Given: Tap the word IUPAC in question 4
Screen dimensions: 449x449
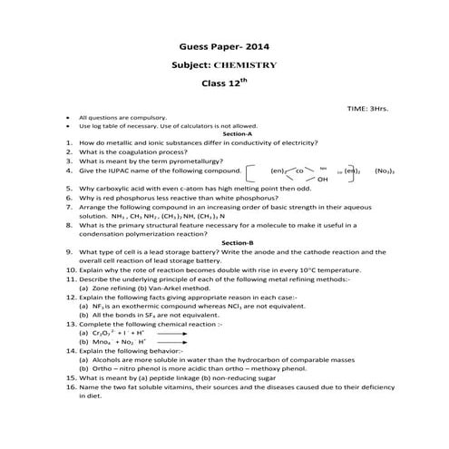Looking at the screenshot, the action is point(117,170).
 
